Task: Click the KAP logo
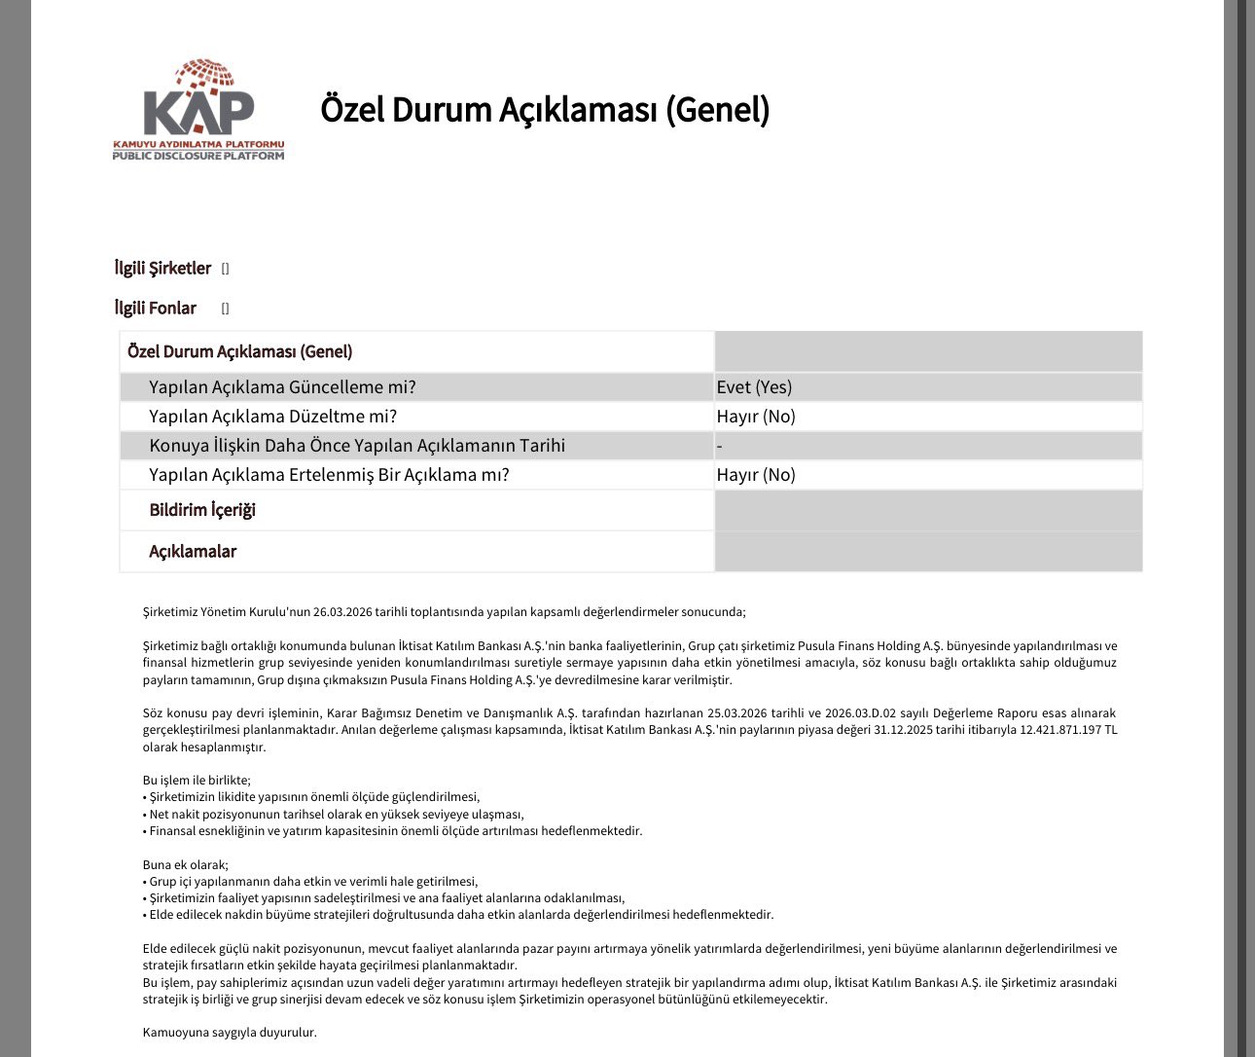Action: pos(198,109)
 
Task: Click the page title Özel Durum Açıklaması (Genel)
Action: pos(545,109)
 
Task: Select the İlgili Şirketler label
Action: pos(162,268)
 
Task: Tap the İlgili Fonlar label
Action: pos(156,308)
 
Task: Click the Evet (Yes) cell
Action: pos(754,387)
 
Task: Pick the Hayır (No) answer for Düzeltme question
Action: pos(756,417)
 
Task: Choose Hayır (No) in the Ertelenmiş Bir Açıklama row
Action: pos(756,475)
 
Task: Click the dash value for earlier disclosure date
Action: pos(720,446)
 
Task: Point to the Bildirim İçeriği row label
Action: pos(202,510)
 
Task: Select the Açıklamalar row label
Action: pos(193,552)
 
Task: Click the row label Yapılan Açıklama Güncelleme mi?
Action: pos(282,387)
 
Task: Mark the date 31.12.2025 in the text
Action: pos(906,730)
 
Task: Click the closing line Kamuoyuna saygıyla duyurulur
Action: pos(230,1033)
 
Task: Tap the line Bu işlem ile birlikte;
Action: pos(197,781)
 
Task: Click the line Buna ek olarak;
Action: pos(186,865)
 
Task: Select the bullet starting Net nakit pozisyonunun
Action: pos(336,815)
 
